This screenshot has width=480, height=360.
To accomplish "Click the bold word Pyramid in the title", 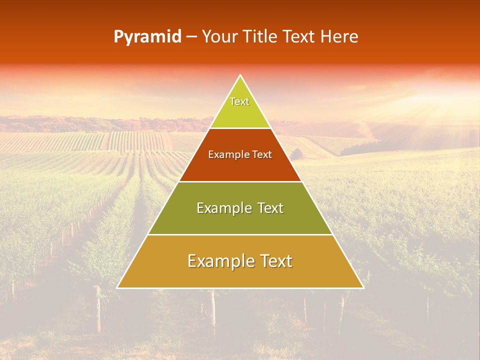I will [x=147, y=37].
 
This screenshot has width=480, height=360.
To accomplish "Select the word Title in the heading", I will [x=261, y=37].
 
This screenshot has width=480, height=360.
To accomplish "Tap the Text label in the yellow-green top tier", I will [x=239, y=101].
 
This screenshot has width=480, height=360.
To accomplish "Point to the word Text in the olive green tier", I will [x=270, y=208].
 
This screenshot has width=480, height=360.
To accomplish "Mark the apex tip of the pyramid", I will [x=240, y=75].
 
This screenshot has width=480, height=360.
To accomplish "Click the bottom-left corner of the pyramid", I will [x=117, y=287].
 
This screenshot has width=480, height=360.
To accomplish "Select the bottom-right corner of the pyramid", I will [x=363, y=287].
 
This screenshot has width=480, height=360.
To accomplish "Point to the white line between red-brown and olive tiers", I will [x=240, y=181].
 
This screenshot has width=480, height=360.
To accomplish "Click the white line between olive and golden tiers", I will [x=240, y=234].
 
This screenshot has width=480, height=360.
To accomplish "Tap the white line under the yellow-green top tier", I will [x=240, y=128].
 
